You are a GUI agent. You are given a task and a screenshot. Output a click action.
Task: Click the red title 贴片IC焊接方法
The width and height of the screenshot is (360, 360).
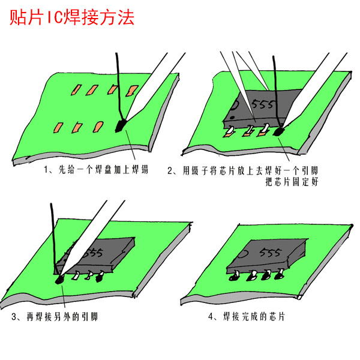pos(72,17)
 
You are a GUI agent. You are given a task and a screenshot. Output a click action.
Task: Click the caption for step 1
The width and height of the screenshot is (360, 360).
pos(96,170)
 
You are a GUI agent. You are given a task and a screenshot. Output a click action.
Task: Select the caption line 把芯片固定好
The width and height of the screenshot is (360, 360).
pos(292,182)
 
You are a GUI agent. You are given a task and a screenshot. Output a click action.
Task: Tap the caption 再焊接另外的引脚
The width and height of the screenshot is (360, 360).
pos(55,317)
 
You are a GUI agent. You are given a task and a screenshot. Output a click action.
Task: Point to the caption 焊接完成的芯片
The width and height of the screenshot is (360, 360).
pos(247,317)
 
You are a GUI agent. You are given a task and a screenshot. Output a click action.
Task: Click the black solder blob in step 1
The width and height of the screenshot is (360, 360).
pos(121,125)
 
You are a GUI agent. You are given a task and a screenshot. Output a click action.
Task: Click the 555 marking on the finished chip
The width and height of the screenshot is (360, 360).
pos(270,253)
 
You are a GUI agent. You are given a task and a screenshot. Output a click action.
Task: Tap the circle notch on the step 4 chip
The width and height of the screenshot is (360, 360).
pos(243,254)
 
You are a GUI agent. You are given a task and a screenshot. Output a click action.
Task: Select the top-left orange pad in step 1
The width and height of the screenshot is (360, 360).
pos(76,89)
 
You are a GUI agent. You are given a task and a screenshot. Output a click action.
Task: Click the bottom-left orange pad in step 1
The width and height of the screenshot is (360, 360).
pos(58,128)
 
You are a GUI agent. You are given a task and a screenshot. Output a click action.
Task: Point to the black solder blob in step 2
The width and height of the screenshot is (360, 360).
pos(279,131)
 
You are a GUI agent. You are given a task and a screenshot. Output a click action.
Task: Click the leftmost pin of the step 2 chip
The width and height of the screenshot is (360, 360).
pos(229,131)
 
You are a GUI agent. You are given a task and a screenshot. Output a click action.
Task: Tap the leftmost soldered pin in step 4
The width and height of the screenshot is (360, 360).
pos(235,275)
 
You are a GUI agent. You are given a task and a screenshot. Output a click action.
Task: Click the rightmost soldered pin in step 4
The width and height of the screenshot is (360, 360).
pos(280,275)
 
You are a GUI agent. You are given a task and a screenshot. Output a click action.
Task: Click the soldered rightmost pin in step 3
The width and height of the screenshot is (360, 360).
pos(100,277)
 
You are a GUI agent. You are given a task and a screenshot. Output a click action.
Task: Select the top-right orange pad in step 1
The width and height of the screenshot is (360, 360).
pos(132,91)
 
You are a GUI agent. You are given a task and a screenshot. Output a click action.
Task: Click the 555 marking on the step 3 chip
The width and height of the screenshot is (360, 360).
pos(94,251)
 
